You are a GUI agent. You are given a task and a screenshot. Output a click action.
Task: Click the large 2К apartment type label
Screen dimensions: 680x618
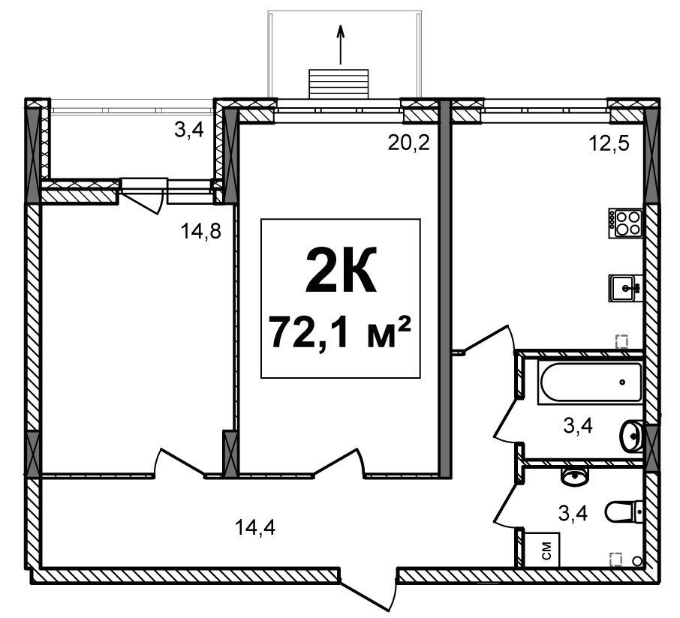[x=341, y=270]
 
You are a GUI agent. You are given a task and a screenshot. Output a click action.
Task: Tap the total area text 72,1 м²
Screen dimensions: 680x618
[x=339, y=333]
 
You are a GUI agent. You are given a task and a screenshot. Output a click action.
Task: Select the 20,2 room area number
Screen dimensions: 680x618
[x=408, y=142]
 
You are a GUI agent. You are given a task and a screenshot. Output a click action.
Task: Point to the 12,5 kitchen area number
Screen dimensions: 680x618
[x=609, y=143]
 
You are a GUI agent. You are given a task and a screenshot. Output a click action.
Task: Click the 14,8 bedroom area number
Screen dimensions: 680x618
[x=201, y=232]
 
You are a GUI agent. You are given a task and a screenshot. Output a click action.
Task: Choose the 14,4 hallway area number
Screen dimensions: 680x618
[x=255, y=527]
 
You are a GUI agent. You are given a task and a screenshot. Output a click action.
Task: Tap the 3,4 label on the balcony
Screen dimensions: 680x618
[x=188, y=130]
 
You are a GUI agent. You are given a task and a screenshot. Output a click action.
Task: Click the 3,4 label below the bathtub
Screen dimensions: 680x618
[x=578, y=426]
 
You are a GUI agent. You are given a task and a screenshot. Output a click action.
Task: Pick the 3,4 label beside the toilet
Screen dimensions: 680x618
[x=573, y=514]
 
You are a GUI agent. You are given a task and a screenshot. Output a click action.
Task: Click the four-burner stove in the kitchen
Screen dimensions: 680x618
[x=625, y=223]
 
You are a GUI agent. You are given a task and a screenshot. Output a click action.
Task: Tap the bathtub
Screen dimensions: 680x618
[x=589, y=382]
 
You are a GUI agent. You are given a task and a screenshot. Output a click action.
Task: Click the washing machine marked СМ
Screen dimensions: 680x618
[x=542, y=550]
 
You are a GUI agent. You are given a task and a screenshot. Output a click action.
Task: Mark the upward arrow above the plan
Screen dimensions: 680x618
[x=341, y=44]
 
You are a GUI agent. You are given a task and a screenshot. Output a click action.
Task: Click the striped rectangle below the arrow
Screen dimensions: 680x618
[x=338, y=84]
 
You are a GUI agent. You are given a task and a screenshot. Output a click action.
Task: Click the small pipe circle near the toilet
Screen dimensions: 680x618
[x=637, y=561]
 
